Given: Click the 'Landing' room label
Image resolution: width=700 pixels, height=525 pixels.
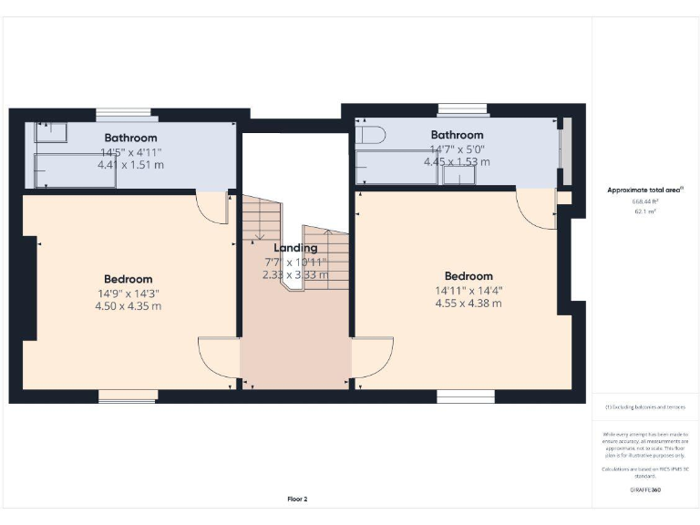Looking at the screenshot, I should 296,247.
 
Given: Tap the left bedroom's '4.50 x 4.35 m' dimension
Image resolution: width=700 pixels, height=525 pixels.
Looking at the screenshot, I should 129,306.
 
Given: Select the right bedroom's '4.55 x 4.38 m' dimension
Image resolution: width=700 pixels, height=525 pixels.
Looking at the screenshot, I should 468,304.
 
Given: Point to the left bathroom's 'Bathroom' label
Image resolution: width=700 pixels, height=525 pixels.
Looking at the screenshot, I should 130,138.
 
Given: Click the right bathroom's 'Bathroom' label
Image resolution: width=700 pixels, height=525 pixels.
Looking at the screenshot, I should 457,134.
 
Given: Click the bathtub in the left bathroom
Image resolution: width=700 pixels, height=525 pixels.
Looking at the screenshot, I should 75,170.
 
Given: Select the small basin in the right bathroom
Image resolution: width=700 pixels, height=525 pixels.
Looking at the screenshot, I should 459,174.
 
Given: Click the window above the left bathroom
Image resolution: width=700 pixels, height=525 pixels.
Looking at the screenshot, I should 129,113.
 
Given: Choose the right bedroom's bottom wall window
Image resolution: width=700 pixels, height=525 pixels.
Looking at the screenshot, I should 465,396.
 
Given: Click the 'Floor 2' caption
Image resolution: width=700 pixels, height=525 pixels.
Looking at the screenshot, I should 298,499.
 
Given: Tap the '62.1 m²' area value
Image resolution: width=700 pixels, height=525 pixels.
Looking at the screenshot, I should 645,211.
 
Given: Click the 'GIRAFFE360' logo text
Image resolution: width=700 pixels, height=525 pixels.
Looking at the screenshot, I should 645,490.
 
